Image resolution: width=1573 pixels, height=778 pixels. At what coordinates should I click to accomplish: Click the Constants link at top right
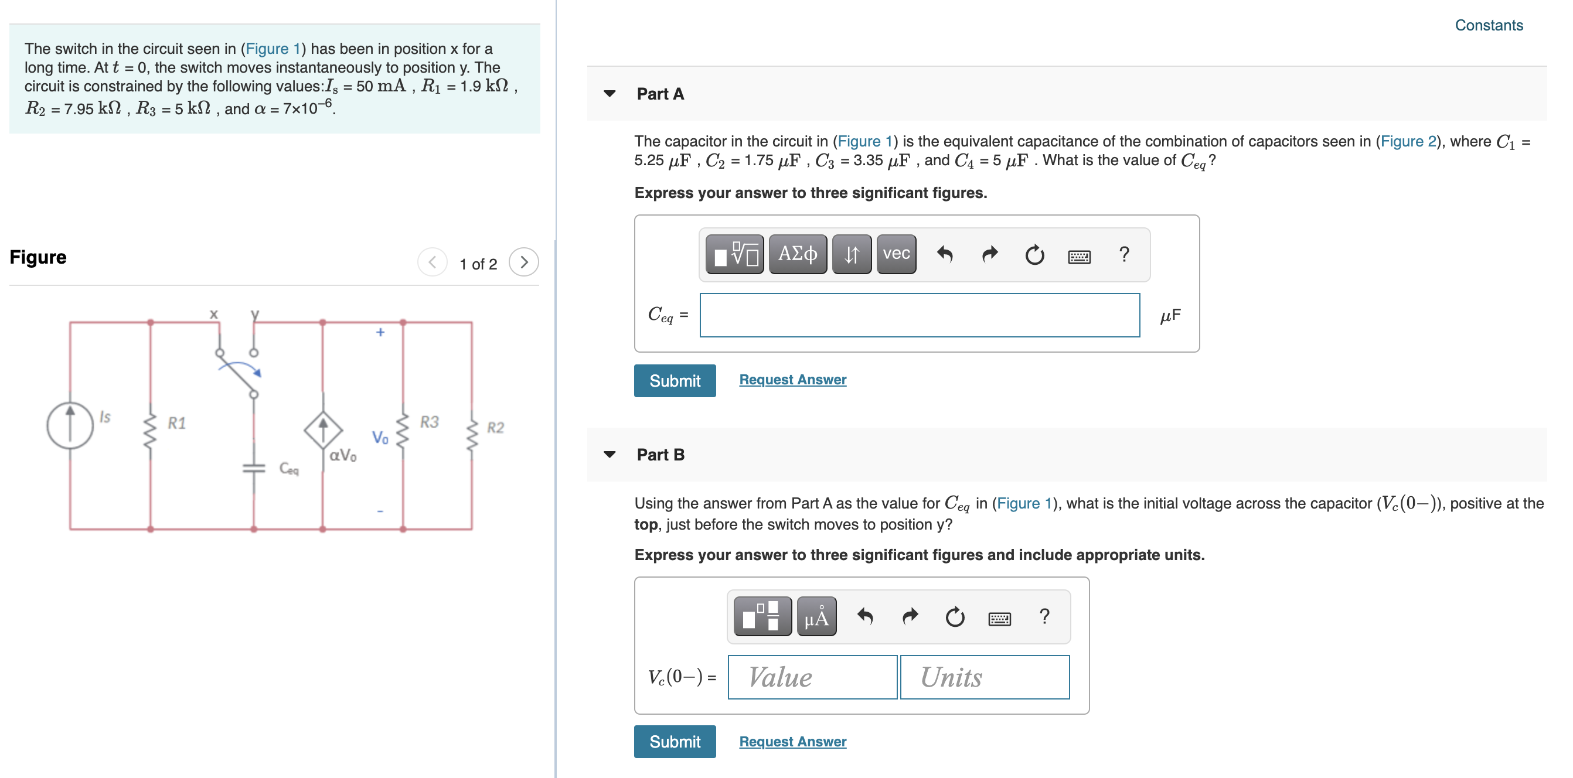click(1488, 25)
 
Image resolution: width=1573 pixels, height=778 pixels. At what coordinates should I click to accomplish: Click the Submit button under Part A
click(674, 381)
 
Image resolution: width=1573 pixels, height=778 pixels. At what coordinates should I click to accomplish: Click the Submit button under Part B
click(674, 742)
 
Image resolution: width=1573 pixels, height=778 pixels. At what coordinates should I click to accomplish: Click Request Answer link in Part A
click(792, 380)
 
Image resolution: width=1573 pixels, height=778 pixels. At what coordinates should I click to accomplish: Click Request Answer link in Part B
click(792, 742)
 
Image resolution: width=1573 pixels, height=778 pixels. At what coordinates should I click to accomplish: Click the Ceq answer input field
click(919, 315)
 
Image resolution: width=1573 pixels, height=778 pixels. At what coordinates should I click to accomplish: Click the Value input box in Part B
click(812, 677)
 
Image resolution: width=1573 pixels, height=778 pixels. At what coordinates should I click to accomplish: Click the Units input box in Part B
click(984, 677)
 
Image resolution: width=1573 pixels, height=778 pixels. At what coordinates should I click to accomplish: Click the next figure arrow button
click(523, 262)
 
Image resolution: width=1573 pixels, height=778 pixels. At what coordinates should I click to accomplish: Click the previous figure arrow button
click(433, 262)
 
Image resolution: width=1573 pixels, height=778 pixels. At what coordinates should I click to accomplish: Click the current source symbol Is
click(70, 425)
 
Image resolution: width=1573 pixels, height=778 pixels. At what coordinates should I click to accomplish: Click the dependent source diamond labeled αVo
click(323, 429)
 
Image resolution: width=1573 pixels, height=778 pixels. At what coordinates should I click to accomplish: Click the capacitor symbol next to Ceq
click(254, 468)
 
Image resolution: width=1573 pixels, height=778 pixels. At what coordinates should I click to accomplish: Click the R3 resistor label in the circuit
click(429, 422)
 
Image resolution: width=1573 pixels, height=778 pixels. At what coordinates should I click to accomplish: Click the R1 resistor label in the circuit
click(176, 423)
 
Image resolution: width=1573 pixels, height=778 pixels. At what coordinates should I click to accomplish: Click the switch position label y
click(256, 313)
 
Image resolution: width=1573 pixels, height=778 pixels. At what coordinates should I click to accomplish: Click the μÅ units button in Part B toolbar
click(816, 617)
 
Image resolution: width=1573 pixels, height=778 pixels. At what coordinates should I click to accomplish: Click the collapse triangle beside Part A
click(609, 93)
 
